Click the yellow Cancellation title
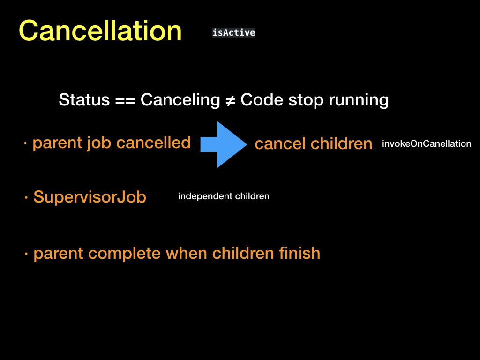(x=100, y=30)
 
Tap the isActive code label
(x=233, y=32)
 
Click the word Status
(x=84, y=100)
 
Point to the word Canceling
(x=180, y=100)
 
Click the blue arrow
(x=224, y=144)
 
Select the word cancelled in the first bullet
(x=153, y=142)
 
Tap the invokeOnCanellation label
(x=427, y=143)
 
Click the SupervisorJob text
(x=90, y=197)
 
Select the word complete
(x=124, y=254)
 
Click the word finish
(x=300, y=253)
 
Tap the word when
(x=186, y=253)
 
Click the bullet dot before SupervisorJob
(x=26, y=198)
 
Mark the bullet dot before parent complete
(x=26, y=254)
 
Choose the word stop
(x=306, y=100)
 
